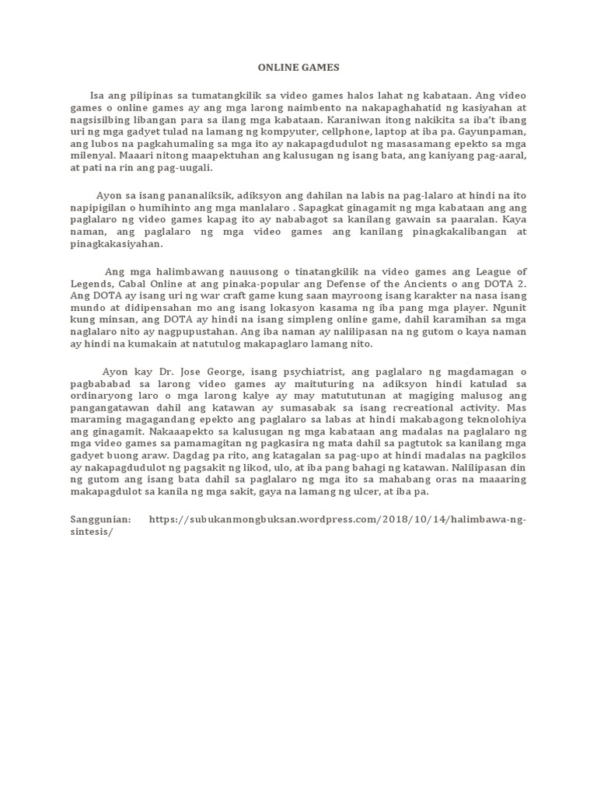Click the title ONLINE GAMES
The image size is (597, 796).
[298, 68]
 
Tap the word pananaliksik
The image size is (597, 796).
[201, 195]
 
